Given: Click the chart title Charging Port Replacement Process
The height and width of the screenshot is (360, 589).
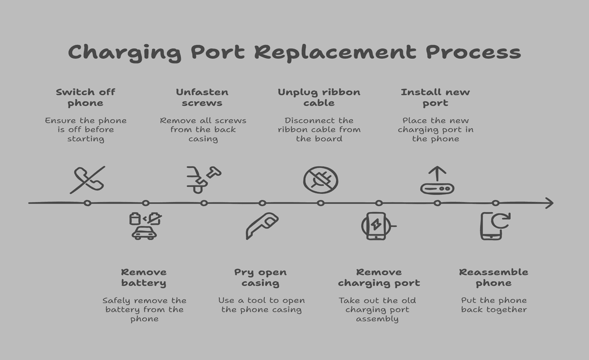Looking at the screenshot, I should pyautogui.click(x=294, y=53).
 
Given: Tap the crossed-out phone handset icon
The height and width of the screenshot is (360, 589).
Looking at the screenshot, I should pyautogui.click(x=87, y=180).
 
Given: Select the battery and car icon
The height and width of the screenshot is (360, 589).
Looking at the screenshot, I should pyautogui.click(x=145, y=226).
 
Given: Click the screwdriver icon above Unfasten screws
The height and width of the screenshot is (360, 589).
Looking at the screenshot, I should pyautogui.click(x=203, y=179).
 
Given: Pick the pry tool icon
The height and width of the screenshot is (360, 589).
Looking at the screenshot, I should pyautogui.click(x=262, y=226).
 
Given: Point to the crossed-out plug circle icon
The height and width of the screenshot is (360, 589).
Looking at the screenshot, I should pyautogui.click(x=321, y=180).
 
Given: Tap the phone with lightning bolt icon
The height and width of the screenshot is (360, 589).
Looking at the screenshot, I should pyautogui.click(x=377, y=226).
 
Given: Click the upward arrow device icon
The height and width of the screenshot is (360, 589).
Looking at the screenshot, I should pyautogui.click(x=437, y=181).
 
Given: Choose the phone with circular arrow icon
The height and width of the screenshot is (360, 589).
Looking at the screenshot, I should pyautogui.click(x=494, y=226).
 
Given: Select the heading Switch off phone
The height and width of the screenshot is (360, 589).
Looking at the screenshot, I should pyautogui.click(x=85, y=97).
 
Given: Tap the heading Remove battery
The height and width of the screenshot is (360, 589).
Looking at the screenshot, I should pyautogui.click(x=144, y=277).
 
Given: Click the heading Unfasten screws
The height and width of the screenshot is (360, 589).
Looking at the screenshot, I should pyautogui.click(x=202, y=97).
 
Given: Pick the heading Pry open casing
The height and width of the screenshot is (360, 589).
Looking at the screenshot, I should pyautogui.click(x=260, y=277).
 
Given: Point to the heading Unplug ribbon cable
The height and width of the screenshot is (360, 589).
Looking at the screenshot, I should pyautogui.click(x=319, y=97).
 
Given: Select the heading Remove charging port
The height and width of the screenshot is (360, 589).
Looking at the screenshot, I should pyautogui.click(x=379, y=277).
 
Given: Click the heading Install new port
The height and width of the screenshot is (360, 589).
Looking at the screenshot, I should pyautogui.click(x=435, y=97).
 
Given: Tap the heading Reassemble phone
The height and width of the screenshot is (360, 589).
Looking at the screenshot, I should pyautogui.click(x=493, y=277).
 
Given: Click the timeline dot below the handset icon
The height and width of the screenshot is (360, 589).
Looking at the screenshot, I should pyautogui.click(x=87, y=203).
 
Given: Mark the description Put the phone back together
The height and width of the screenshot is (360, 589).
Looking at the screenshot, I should pyautogui.click(x=493, y=305).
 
